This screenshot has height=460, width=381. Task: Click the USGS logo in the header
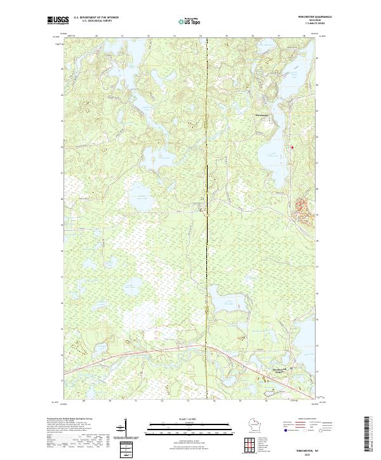57,21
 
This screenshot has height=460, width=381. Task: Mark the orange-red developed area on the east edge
304,210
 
